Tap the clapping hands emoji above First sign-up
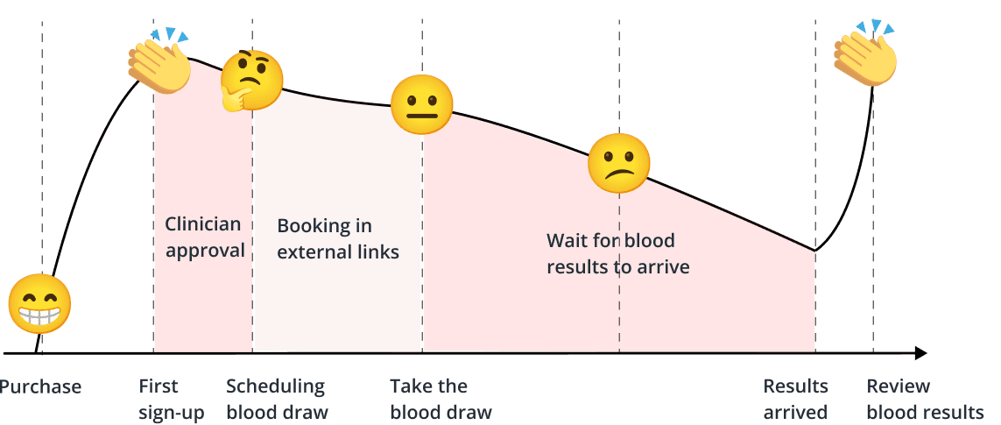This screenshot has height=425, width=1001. tap(160, 61)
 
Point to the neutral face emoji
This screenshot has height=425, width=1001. tap(421, 104)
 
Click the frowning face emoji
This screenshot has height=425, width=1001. tap(619, 164)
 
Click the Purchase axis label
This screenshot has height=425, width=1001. tap(40, 386)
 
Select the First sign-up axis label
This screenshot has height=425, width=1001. tap(171, 399)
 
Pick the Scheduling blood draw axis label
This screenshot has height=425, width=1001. tap(277, 399)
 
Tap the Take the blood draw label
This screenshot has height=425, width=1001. tap(441, 399)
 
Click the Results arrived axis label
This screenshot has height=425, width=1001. tap(795, 399)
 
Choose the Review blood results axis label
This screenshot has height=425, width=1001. tap(925, 399)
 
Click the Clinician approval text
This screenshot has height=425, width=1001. tap(206, 237)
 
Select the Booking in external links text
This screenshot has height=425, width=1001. tap(338, 238)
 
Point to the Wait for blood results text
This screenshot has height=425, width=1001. tap(617, 252)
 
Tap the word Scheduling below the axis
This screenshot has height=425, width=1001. tap(275, 386)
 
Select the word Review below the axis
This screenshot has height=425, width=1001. tap(898, 386)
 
